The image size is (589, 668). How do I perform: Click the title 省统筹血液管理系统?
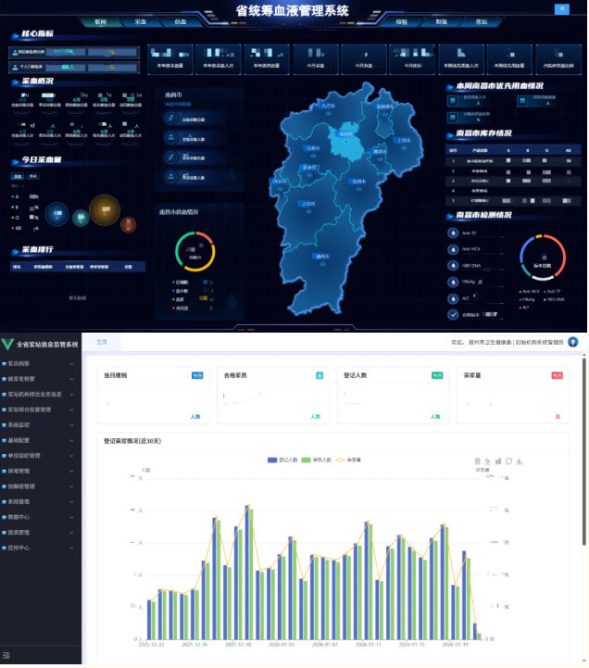coord(292,11)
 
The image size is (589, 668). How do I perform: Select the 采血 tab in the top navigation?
coord(141,21)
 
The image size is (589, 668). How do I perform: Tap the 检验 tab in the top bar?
coord(401,21)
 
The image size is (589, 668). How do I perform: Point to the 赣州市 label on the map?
coord(321,256)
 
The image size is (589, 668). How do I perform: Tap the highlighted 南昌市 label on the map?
coord(345,134)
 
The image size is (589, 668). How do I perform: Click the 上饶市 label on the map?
coord(403,140)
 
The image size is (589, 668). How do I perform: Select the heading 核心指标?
coord(37,34)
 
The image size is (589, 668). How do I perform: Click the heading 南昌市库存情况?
coord(482,133)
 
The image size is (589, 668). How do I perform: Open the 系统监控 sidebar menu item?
coord(19,425)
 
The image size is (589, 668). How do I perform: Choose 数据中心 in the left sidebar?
coord(19,516)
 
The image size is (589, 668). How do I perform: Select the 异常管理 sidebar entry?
coord(19,471)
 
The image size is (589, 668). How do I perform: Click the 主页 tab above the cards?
coord(102,343)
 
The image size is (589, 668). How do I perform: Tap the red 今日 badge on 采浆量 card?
coord(557,375)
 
